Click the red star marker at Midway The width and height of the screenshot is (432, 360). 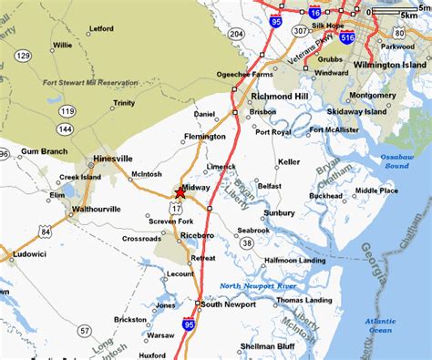180,191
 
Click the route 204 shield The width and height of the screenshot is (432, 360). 235,33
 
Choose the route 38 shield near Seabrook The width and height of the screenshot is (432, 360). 246,243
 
